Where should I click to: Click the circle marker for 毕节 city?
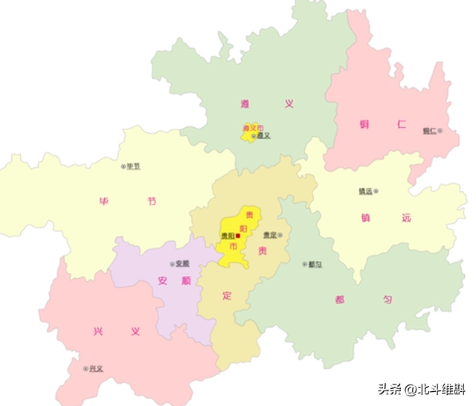(x=124, y=166)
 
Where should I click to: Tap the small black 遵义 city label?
(x=263, y=136)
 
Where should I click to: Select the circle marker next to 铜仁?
(x=440, y=131)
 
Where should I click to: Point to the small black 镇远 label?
(x=365, y=191)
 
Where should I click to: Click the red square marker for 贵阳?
(x=237, y=236)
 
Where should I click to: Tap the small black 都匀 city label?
(x=315, y=264)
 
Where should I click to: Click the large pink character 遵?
(x=245, y=104)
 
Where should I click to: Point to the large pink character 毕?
(x=104, y=202)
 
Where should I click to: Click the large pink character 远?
(x=406, y=217)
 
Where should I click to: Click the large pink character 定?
(x=228, y=295)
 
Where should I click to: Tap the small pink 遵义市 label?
(x=253, y=129)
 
